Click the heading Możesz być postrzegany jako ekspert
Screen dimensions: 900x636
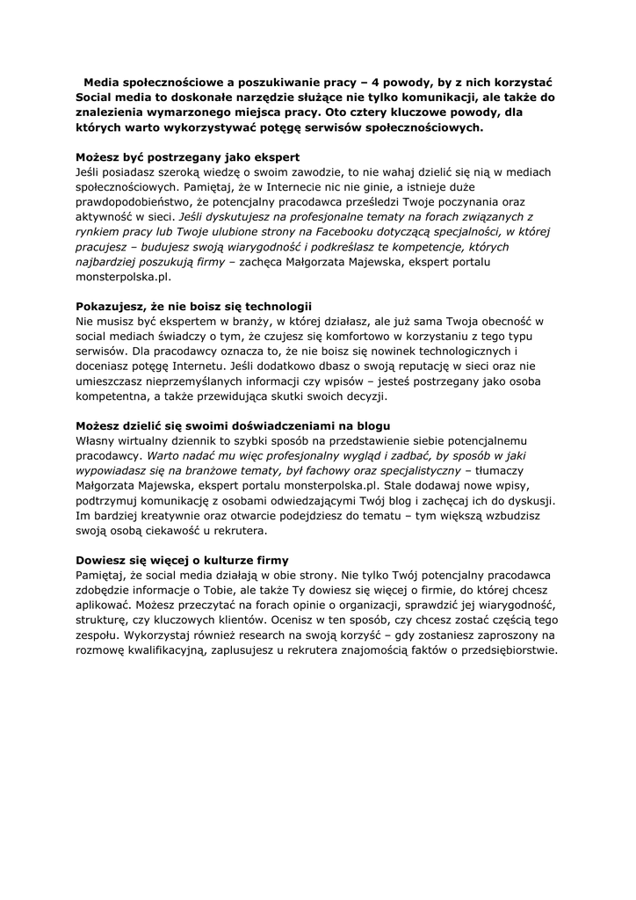point(188,157)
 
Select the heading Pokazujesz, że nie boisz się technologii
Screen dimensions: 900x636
point(194,307)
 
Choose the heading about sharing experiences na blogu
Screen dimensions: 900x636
point(233,426)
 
